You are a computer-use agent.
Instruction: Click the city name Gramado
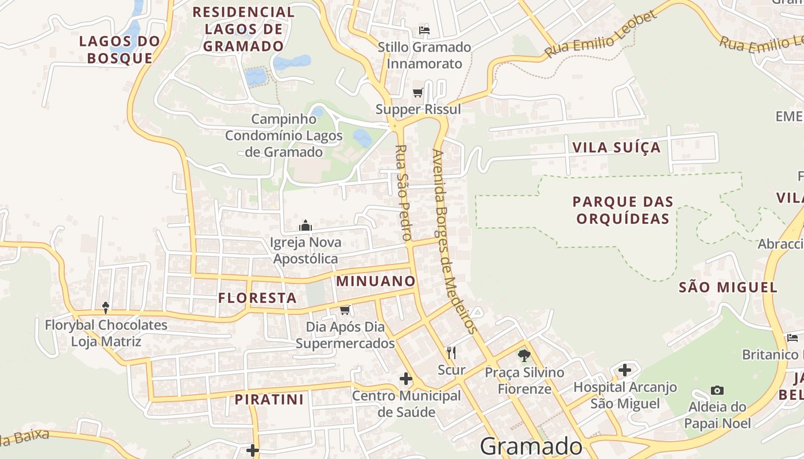pos(531,446)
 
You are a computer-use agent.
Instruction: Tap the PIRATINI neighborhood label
pos(269,399)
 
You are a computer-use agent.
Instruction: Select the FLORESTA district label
pos(257,298)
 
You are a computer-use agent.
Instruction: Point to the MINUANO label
pos(376,281)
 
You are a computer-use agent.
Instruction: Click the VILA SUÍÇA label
pos(616,147)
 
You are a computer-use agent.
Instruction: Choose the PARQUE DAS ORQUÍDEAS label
pos(623,210)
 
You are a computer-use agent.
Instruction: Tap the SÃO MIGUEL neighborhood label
pos(728,287)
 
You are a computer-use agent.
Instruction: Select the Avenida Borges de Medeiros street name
pos(454,241)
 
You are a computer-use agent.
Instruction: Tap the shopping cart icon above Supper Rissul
pos(418,92)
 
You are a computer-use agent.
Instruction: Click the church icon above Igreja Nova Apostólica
pos(306,225)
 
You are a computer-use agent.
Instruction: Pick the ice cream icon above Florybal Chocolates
pos(106,308)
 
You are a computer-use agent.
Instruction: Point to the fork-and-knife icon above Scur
pos(451,353)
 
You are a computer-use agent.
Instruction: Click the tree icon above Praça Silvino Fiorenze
pos(524,356)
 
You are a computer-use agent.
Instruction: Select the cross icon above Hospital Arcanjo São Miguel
pos(625,370)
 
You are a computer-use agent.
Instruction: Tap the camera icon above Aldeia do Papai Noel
pos(717,391)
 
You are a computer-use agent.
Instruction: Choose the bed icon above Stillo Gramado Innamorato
pos(424,30)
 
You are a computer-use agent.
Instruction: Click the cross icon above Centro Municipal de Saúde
pos(406,379)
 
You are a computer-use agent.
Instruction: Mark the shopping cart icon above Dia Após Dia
pos(345,310)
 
